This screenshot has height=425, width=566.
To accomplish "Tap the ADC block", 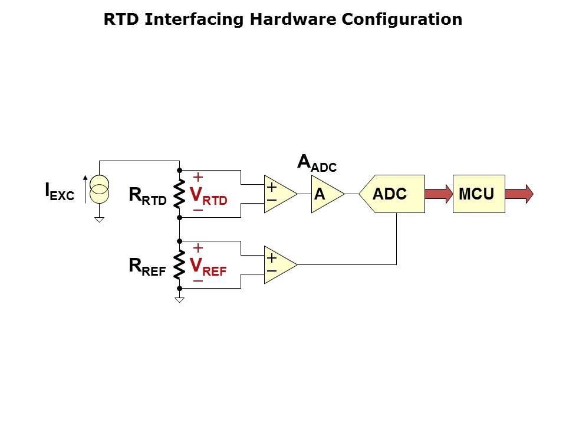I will pos(392,194).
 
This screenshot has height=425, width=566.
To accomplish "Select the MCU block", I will pos(478,194).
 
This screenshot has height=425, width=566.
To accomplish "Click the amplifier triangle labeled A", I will pos(325,194).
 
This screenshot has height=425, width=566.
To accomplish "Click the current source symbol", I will pos(100,189).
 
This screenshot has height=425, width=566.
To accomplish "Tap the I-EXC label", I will pos(60,191).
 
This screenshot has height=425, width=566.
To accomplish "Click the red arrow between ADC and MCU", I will pos(438,194).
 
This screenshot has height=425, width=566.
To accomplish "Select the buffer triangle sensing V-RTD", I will pos(278,194).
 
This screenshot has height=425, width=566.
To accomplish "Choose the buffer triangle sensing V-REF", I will pos(278,264).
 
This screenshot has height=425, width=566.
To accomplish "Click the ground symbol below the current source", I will pos(100,220).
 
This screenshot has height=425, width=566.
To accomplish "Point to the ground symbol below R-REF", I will pos(179,300).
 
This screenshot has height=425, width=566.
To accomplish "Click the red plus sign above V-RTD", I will pos(198,176).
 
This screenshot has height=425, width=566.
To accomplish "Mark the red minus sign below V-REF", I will pos(198,281).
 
